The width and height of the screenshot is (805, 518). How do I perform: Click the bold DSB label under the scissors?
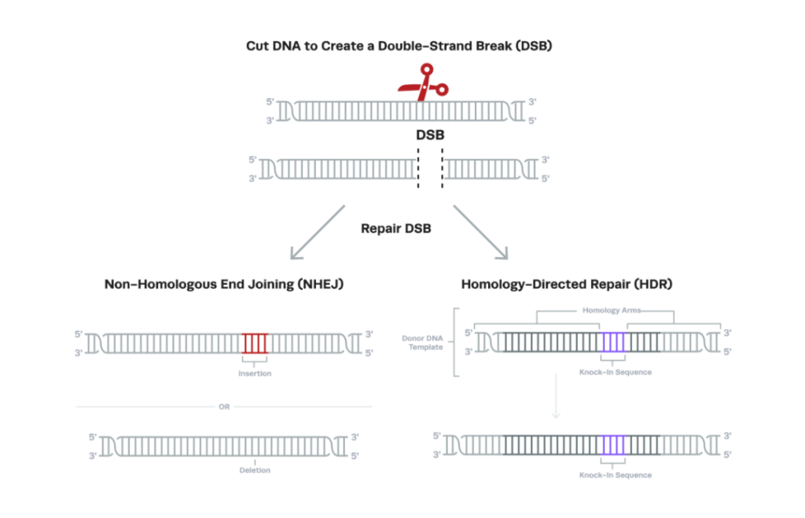(x=430, y=135)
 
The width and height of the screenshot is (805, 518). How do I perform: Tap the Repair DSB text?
(x=396, y=229)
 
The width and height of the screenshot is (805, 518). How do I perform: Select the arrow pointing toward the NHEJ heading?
(x=318, y=233)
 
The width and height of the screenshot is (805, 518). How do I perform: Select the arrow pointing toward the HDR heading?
(x=480, y=233)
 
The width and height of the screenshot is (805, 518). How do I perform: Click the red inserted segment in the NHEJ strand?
(x=255, y=343)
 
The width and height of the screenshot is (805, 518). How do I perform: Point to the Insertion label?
(x=255, y=373)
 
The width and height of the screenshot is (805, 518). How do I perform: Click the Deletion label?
(x=255, y=470)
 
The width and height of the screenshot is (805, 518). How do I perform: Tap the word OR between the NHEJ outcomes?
(x=224, y=406)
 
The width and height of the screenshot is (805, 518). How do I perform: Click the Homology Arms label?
(x=612, y=310)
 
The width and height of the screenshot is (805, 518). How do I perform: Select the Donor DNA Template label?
(x=422, y=343)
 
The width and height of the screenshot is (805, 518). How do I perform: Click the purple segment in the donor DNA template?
(x=613, y=342)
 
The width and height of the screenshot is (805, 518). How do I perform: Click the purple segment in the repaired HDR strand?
(x=613, y=445)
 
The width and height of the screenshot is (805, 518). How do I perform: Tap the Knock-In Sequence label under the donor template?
(x=616, y=373)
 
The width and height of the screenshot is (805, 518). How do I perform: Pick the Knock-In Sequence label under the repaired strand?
(x=616, y=475)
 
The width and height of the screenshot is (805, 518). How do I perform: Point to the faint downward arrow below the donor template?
(x=556, y=396)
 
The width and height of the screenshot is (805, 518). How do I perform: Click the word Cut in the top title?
(x=257, y=46)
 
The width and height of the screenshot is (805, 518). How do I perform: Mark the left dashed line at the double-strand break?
(x=418, y=168)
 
